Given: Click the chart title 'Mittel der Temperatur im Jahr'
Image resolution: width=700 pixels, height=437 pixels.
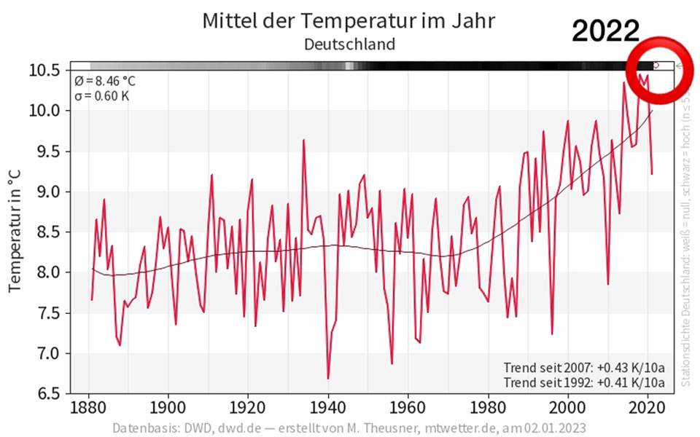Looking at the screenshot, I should [349, 20].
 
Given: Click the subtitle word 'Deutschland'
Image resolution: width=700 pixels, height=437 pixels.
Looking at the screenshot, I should [349, 44].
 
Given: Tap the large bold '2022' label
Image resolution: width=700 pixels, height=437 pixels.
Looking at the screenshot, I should [605, 31].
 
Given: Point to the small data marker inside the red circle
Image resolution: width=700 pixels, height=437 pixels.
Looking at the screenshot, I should [656, 65].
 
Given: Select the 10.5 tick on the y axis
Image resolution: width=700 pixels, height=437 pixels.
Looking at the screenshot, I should [44, 71].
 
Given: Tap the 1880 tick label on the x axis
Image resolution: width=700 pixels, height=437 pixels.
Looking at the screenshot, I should [89, 406].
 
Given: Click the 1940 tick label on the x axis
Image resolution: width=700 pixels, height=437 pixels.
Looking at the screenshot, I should [328, 406].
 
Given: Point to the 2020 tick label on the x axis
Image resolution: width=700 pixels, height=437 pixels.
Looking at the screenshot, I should [647, 406].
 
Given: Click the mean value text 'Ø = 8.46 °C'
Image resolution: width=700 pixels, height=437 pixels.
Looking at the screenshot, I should [104, 81].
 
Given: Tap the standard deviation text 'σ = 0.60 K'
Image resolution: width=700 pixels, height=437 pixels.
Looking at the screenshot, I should [102, 95].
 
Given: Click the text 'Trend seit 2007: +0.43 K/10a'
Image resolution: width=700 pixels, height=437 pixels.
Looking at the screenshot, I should [583, 367].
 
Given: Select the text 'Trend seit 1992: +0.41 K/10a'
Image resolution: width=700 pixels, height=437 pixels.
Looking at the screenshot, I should [583, 382].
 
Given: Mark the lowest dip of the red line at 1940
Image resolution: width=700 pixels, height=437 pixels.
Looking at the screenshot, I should [328, 378].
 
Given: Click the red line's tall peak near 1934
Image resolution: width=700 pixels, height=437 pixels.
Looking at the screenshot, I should [303, 140].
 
